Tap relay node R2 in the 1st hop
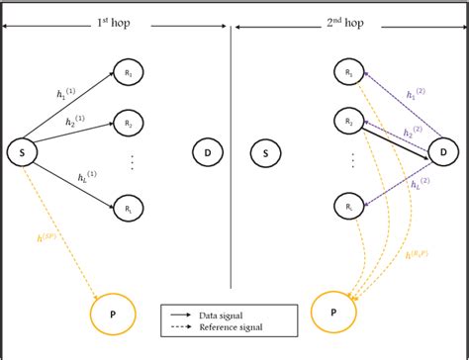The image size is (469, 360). tap(128, 124)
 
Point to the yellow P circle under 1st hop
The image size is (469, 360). tap(112, 315)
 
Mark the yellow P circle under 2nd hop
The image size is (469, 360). tap(332, 315)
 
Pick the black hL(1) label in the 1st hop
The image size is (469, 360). tap(89, 179)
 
